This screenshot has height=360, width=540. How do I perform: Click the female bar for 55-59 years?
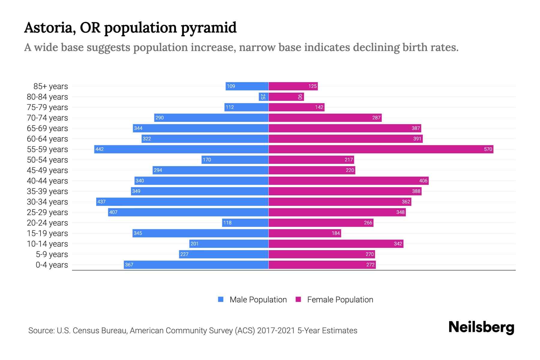[381, 149]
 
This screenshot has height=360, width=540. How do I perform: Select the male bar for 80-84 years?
[264, 97]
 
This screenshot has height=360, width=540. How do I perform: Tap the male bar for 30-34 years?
[182, 202]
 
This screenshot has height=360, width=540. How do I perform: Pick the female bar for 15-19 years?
[305, 233]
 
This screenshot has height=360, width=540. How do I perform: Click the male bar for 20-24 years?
[245, 223]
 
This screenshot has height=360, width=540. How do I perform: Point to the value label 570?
[488, 149]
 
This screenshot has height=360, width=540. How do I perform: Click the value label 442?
[100, 149]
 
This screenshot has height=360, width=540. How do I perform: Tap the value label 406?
[423, 181]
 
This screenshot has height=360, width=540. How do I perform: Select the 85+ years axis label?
[51, 86]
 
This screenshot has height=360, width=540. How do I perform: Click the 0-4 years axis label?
[52, 265]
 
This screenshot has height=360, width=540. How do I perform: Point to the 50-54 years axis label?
[47, 160]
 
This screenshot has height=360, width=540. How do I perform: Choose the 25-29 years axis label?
[47, 212]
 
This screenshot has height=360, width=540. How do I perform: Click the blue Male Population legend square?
[221, 299]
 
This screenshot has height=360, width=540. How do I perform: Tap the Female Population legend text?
[340, 300]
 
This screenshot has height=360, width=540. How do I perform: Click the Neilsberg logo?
[481, 327]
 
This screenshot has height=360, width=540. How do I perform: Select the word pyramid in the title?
[208, 28]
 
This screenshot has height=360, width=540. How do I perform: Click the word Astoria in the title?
[50, 28]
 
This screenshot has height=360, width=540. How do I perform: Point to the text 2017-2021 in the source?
[276, 331]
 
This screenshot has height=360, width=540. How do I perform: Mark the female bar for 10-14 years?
[336, 244]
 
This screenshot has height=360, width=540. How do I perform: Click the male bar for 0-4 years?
[196, 265]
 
